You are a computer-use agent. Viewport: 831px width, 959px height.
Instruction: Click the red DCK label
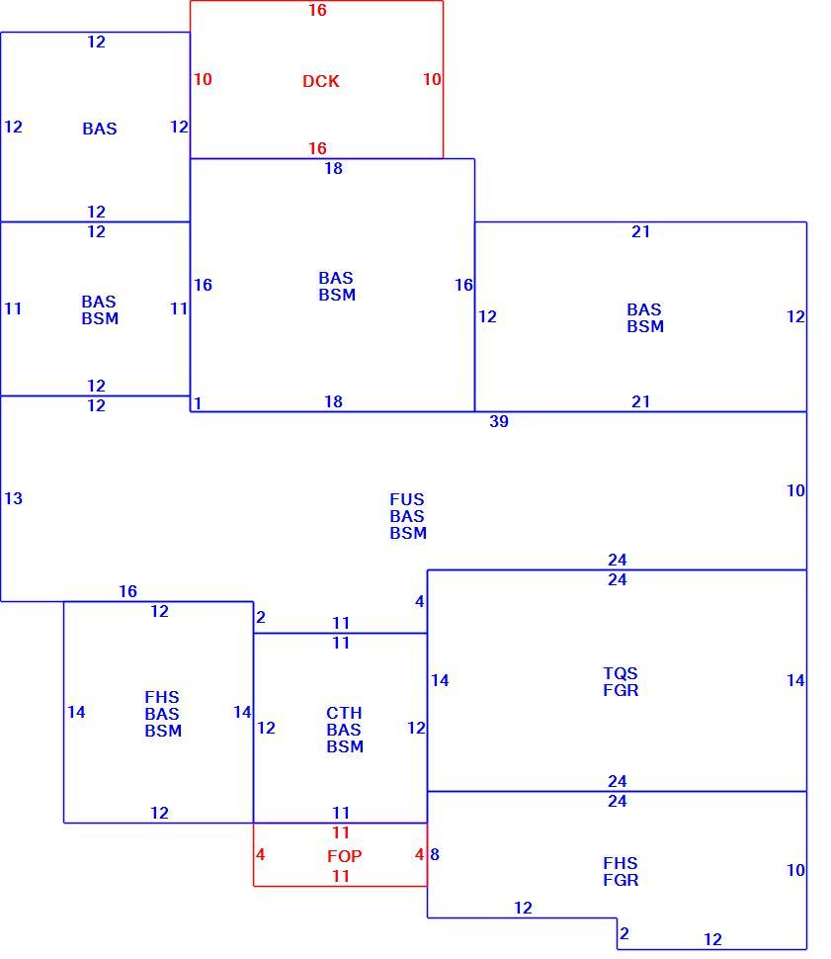320,81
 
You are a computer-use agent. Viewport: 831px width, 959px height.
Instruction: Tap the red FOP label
344,855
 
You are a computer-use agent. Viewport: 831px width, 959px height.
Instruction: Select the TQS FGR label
621,681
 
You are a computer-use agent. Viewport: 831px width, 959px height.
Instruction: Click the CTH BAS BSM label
344,730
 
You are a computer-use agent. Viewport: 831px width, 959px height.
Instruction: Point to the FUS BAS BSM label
408,516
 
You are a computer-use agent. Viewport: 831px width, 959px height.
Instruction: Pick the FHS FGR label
621,872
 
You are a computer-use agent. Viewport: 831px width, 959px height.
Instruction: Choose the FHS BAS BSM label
163,714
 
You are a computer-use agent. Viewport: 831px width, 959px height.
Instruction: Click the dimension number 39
498,421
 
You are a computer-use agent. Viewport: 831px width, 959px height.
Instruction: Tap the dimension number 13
14,498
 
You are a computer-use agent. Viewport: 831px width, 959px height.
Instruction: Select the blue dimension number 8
435,854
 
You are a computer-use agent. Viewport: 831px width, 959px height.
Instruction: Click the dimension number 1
198,403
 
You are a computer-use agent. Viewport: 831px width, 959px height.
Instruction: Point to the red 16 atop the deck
317,10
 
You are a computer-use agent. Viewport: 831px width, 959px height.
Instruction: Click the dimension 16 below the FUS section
127,591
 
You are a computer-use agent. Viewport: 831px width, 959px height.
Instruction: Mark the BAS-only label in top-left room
100,129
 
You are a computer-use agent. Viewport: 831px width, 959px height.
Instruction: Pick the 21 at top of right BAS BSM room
640,231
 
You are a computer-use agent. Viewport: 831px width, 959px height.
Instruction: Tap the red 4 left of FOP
261,854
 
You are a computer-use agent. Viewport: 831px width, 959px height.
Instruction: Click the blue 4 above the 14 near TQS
420,601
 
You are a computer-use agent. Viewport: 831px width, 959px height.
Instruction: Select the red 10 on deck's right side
432,79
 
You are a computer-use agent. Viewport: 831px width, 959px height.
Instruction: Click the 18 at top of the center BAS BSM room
333,168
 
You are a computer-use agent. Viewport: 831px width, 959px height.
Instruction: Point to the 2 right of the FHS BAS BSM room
261,617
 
